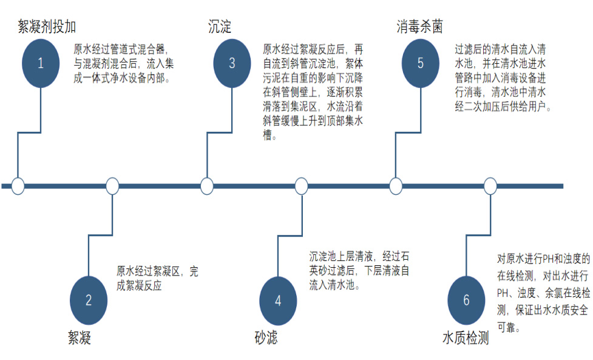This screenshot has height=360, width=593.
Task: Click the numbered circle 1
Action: (x=41, y=63)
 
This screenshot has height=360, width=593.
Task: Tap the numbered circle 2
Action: (x=89, y=300)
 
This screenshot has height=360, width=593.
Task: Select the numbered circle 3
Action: (x=232, y=63)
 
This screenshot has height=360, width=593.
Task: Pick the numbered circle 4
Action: (x=278, y=300)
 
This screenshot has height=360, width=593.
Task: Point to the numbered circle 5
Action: (x=421, y=63)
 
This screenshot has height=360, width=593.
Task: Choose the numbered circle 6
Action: (x=466, y=300)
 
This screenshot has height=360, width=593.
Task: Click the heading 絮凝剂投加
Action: (x=47, y=27)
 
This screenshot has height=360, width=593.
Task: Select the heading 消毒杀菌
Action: (x=420, y=27)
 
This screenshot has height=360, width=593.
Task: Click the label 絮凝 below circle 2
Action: (x=80, y=338)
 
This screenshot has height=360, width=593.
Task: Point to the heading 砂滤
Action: (x=266, y=338)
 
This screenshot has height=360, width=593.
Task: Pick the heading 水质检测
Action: (x=466, y=338)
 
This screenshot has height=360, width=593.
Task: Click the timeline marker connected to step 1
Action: (x=18, y=186)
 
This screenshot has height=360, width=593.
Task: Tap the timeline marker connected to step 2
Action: (x=112, y=186)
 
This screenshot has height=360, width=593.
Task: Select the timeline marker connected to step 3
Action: (x=207, y=186)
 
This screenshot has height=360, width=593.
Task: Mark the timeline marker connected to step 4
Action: (x=301, y=186)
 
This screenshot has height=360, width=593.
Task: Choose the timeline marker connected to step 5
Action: (x=396, y=186)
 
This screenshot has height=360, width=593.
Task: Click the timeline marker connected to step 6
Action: (x=490, y=186)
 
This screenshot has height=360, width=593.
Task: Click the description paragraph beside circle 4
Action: (x=359, y=270)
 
